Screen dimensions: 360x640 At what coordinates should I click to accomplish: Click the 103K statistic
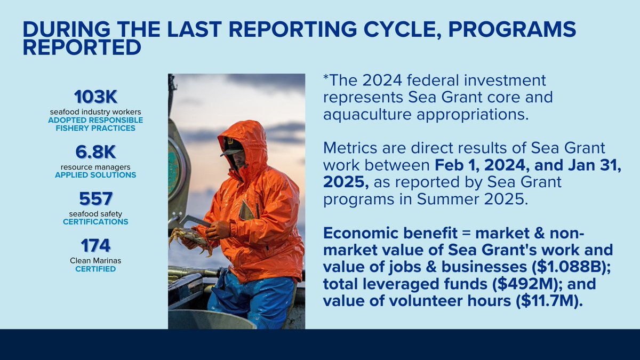pos(95,97)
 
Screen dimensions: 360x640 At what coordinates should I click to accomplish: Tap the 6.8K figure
pos(95,153)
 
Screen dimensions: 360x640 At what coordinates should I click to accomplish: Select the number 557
pos(95,199)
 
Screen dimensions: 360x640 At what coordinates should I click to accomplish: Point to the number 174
pos(95,245)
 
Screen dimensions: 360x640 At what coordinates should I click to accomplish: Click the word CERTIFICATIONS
pos(95,221)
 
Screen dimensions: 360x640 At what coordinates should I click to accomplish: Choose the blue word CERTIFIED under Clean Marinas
pos(95,269)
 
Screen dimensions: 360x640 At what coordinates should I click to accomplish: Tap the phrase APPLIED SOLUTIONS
pos(95,175)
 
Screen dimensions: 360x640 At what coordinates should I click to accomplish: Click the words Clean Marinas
pos(95,260)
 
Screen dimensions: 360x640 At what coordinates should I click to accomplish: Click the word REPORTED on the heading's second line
pos(82,47)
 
